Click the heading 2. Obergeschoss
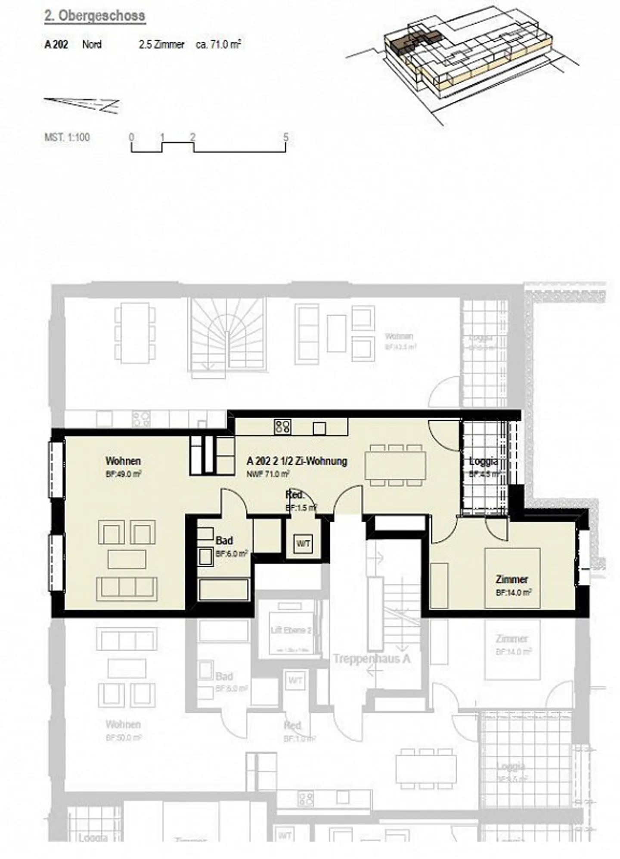pos(95,16)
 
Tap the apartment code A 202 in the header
pos(56,44)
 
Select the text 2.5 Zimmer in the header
pos(161,44)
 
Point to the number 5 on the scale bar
pos(286,137)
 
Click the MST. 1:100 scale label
pos(67,138)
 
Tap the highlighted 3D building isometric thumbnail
pos(456,60)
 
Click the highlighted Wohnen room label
pos(123,461)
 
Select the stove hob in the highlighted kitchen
pos(282,426)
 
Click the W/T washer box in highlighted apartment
pos(303,544)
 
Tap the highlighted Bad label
pos(224,540)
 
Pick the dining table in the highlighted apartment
pos(395,465)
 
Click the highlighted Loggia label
pos(483,462)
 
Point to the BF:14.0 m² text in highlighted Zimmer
pos(514,592)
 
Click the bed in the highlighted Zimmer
pos(512,578)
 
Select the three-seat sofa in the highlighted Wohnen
pos(127,589)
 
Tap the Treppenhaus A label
pos(372,659)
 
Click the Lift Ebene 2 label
pos(291,630)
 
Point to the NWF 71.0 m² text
pos(267,474)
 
